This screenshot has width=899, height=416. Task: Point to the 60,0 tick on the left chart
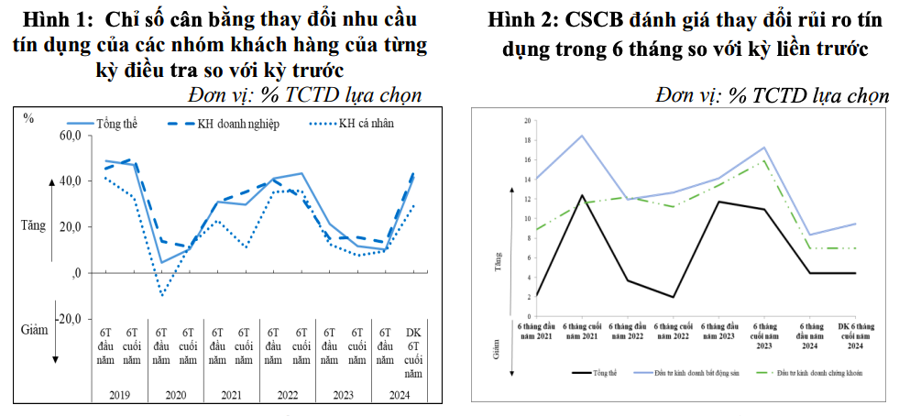pyautogui.click(x=70, y=137)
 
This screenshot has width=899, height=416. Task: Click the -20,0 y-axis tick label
pyautogui.click(x=68, y=318)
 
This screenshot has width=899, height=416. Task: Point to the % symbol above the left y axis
pyautogui.click(x=29, y=117)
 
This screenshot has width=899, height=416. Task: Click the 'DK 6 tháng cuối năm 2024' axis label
pyautogui.click(x=854, y=335)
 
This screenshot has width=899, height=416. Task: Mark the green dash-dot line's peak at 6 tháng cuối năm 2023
pyautogui.click(x=764, y=161)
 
